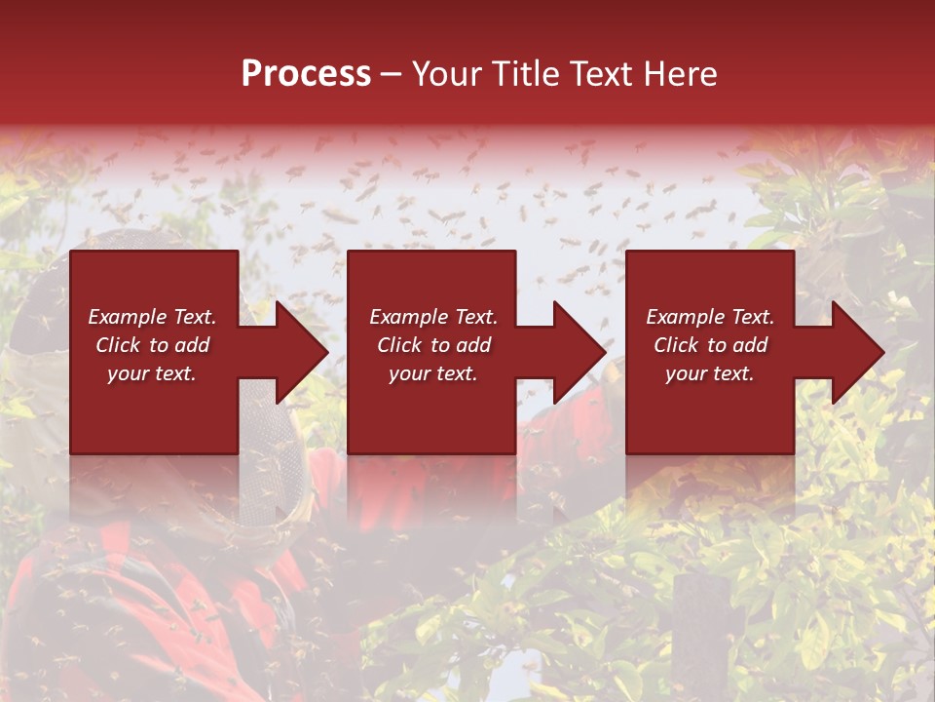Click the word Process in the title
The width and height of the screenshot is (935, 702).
[306, 74]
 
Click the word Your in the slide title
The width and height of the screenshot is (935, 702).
[449, 74]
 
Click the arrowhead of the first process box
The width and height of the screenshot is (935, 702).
[292, 352]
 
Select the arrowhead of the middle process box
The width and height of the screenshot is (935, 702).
[570, 352]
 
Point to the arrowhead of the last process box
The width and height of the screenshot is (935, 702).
[849, 352]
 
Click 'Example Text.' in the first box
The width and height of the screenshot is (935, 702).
[152, 317]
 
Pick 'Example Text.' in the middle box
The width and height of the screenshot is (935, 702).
[433, 317]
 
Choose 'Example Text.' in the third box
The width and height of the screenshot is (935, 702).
[710, 317]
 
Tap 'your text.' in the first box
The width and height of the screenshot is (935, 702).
[152, 373]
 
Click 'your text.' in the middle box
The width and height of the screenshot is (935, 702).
[433, 373]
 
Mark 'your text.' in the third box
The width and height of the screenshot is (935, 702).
[710, 373]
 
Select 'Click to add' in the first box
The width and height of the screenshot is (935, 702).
[152, 345]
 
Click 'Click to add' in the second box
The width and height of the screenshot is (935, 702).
[433, 345]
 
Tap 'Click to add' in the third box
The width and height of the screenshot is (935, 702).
[710, 345]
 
